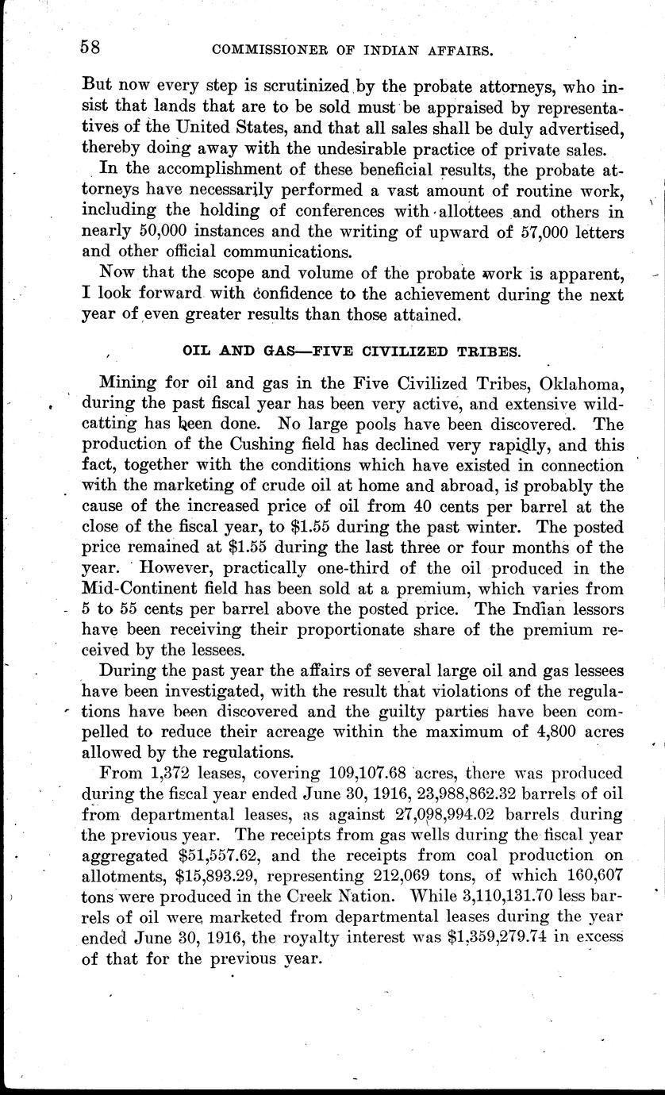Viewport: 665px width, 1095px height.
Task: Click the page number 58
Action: [90, 47]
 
